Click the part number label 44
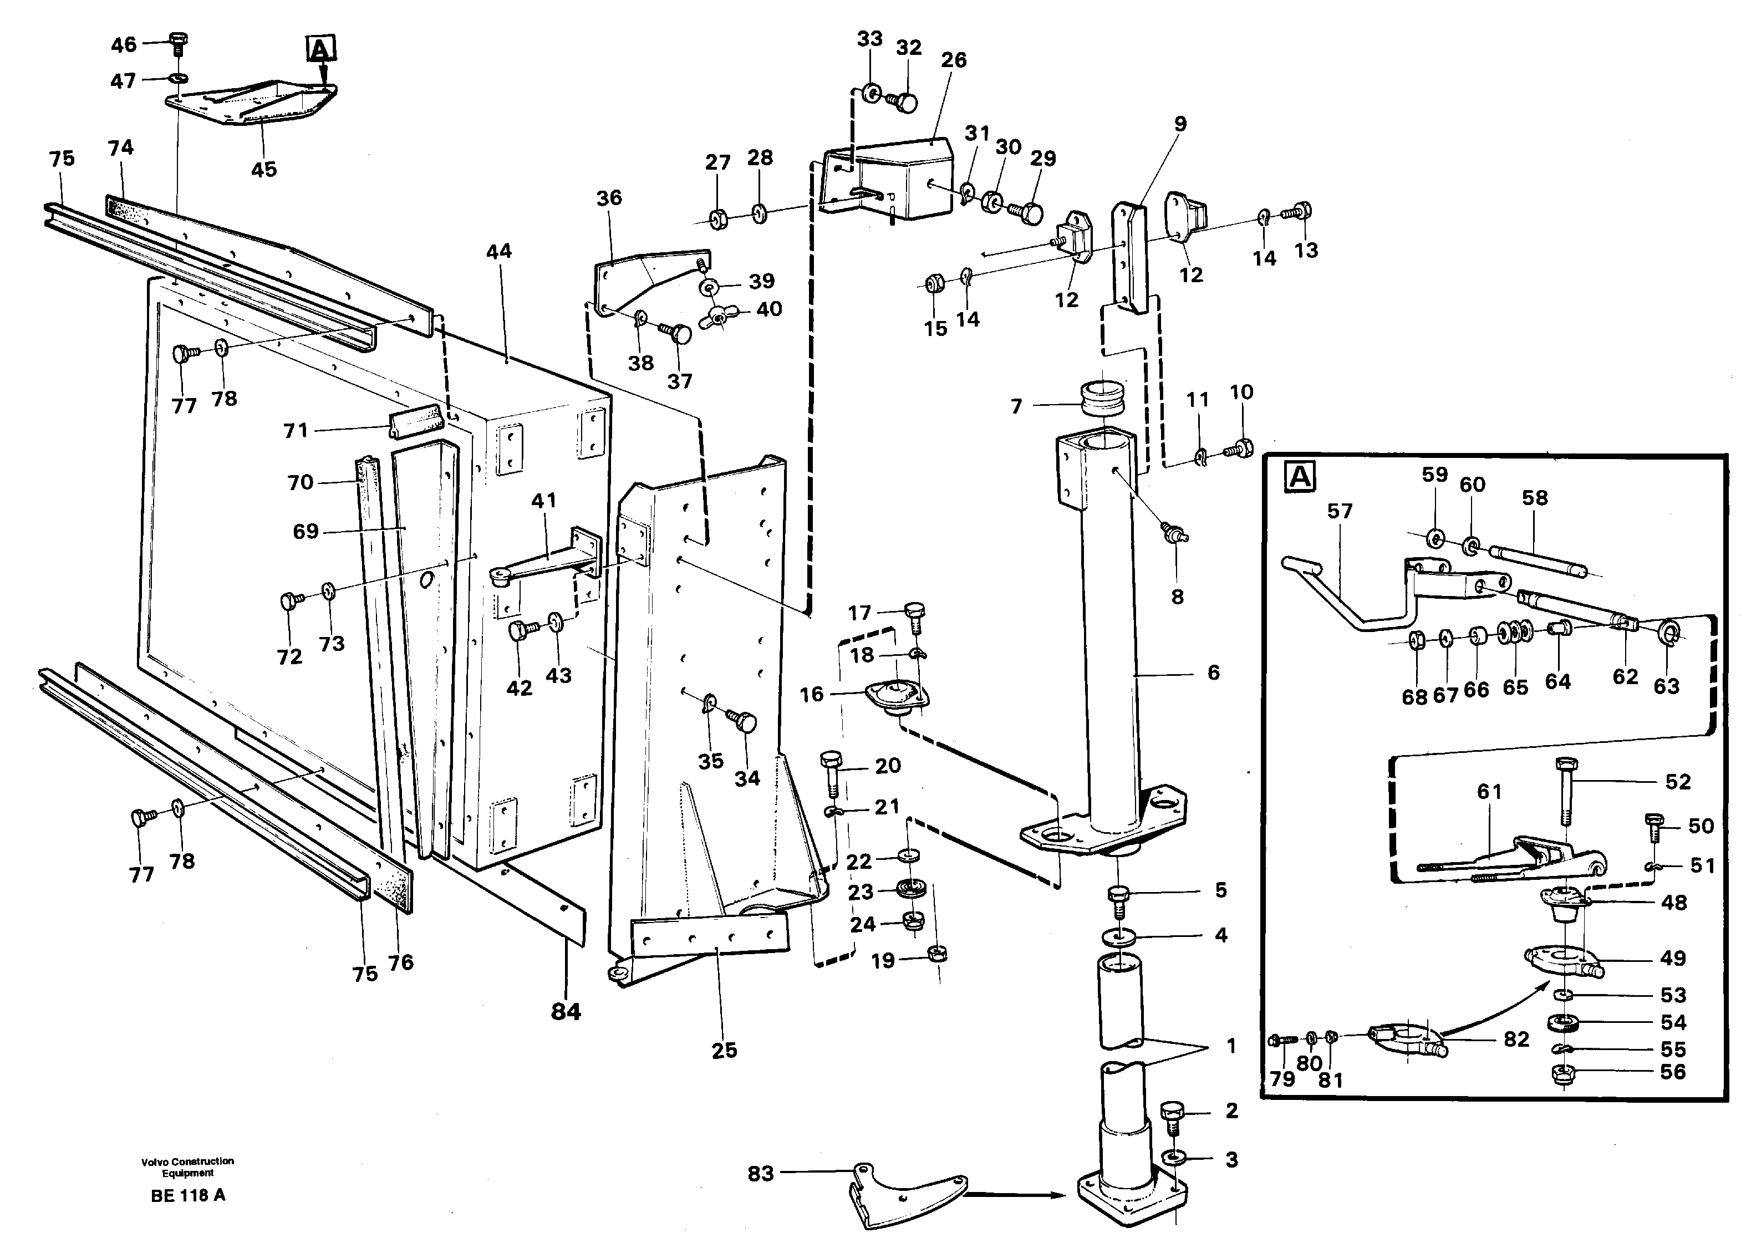(x=498, y=252)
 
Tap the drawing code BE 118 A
(x=187, y=1195)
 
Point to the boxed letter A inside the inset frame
(x=1300, y=477)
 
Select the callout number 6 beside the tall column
(x=1214, y=673)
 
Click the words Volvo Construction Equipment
(x=187, y=1167)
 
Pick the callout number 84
(x=566, y=1012)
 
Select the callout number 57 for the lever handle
(x=1339, y=511)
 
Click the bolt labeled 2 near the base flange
(x=1172, y=1118)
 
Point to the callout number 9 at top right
(x=1180, y=124)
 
